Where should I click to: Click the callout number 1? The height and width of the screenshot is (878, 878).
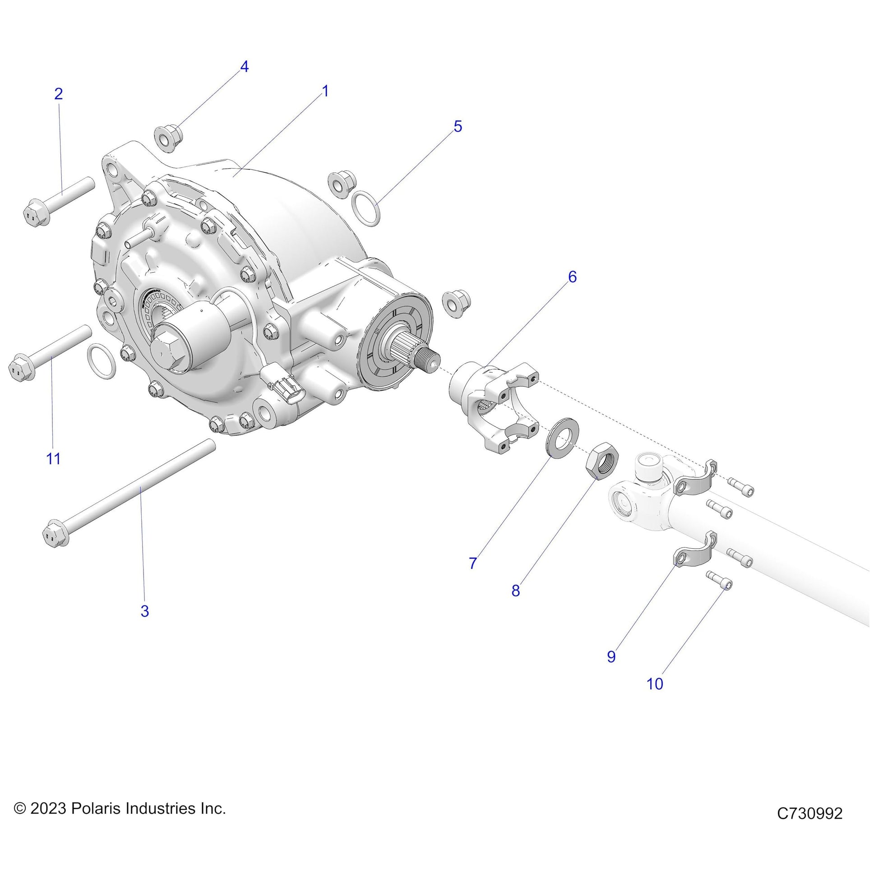[325, 91]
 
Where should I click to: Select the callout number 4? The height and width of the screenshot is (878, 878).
[244, 67]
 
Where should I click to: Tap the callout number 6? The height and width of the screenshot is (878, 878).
[572, 277]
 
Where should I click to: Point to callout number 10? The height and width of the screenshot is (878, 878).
[655, 696]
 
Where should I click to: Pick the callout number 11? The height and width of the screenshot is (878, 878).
[54, 458]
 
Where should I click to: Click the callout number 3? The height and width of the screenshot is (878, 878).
[144, 611]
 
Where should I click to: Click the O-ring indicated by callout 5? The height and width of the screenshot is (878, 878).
[365, 208]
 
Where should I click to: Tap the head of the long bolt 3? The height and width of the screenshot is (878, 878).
[56, 535]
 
